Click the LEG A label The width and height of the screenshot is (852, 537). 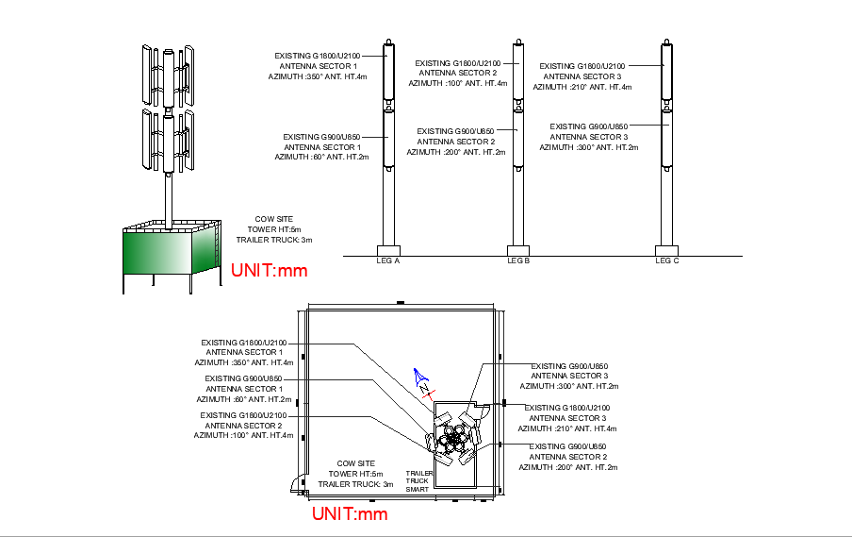point(388,260)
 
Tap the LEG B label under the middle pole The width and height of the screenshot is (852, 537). point(518,260)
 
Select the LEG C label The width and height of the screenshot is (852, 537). point(666,260)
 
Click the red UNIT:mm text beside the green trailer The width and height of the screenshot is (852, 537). point(270,271)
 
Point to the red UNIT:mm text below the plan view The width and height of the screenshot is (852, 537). point(350,514)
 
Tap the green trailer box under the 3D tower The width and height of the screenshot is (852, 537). point(171,252)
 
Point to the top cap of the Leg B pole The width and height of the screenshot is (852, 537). point(518,41)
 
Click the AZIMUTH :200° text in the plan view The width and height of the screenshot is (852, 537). point(568,467)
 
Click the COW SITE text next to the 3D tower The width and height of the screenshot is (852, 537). point(273,219)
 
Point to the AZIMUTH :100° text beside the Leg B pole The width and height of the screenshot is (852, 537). point(458,83)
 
